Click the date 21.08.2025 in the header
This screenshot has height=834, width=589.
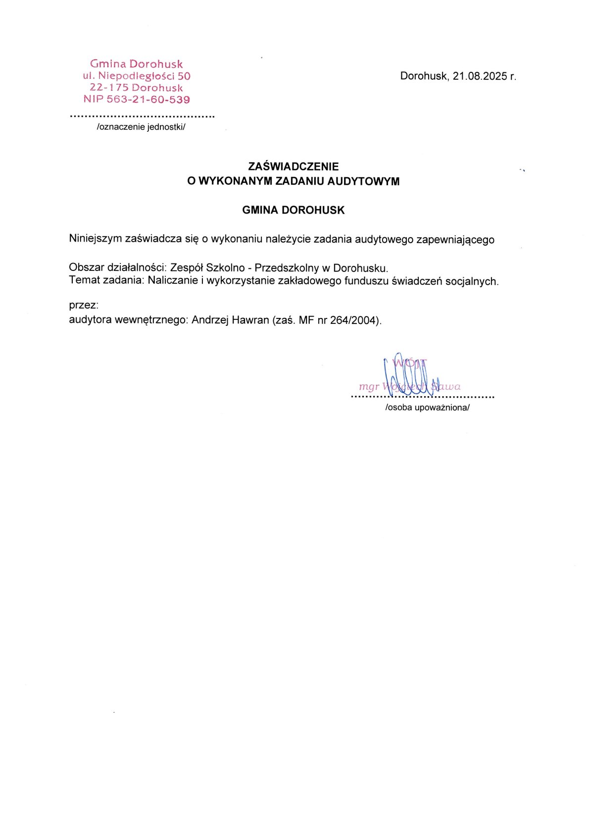tap(480, 76)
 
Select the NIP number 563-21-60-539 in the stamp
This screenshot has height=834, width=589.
tap(148, 100)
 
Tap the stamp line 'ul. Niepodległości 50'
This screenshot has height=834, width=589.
tap(137, 76)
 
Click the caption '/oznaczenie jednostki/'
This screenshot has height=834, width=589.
tap(141, 127)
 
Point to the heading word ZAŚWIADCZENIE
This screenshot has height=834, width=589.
tap(294, 166)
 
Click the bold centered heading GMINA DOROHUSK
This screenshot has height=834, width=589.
tap(294, 210)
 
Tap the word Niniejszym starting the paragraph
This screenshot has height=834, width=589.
tap(96, 239)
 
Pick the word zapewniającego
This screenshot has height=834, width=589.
tap(455, 240)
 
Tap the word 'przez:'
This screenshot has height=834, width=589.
tap(84, 305)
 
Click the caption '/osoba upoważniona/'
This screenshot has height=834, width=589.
tap(427, 408)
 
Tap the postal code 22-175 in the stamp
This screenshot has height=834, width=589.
tap(109, 88)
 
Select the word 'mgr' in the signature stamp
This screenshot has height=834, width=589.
tap(369, 387)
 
